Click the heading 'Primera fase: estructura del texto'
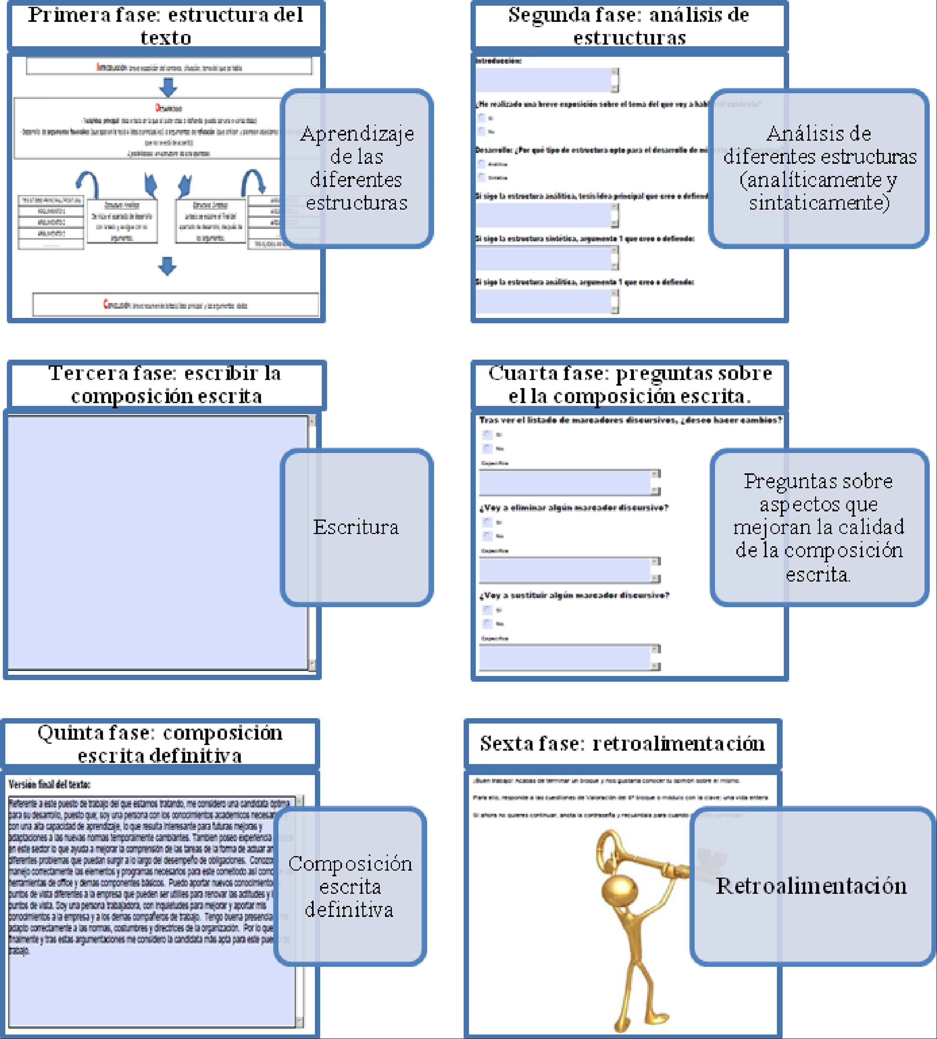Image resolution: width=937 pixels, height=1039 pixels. click(x=166, y=26)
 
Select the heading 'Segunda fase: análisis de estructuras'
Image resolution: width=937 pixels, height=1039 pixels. click(x=629, y=26)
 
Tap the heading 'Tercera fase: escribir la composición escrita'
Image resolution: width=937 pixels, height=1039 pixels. click(x=166, y=384)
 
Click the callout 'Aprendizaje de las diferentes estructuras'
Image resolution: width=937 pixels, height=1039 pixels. click(x=356, y=168)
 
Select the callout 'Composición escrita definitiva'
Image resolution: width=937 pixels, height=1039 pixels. click(x=350, y=886)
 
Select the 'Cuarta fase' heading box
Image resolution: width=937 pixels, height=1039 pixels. click(x=629, y=384)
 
